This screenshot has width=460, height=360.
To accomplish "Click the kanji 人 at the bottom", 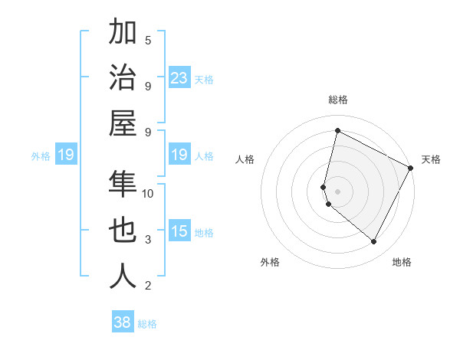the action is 123,277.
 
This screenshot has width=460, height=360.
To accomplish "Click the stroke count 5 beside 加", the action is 148,40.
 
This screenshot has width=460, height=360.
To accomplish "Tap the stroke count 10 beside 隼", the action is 148,193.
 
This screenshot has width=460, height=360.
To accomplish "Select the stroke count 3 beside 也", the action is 148,240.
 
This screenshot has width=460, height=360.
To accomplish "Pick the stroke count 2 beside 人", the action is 148,286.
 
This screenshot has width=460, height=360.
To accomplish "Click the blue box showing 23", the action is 179,78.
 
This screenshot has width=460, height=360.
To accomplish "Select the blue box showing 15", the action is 179,231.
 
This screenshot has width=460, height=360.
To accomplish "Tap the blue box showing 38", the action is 123,322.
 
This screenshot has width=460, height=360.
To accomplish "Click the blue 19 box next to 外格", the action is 65,155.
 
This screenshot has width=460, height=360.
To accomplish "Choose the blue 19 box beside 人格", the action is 179,155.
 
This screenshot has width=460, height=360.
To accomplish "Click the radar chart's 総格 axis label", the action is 338,100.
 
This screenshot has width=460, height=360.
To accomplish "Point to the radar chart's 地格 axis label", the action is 402,262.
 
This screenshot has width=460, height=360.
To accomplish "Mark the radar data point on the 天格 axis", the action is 410,168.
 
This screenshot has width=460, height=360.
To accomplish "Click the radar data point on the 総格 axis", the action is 337,131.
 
